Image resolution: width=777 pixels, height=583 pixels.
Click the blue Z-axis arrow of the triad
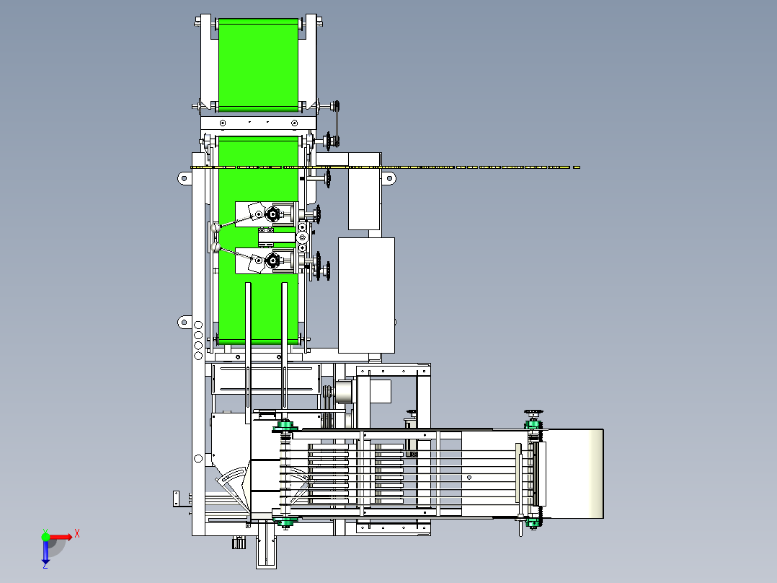click(45, 551)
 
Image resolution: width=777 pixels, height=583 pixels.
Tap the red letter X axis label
click(77, 534)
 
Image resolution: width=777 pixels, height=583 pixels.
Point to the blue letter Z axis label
click(45, 565)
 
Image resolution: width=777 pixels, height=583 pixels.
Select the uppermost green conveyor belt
click(258, 65)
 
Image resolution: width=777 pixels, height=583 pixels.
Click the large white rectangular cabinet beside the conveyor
click(366, 295)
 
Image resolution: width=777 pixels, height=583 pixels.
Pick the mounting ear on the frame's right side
click(389, 178)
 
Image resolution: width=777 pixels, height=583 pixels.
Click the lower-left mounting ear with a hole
click(185, 323)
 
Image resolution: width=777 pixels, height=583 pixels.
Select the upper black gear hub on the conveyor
click(272, 214)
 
